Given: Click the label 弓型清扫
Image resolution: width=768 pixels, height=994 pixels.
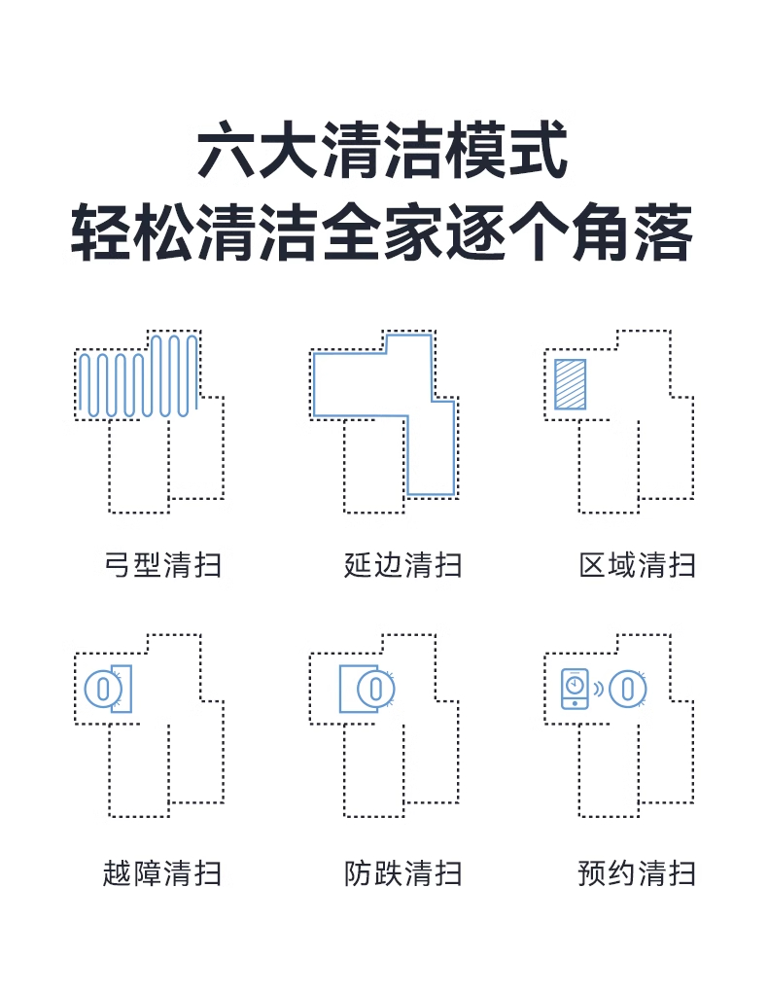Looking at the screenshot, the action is [x=162, y=565].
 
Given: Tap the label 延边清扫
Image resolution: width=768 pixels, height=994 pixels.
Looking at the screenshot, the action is [x=402, y=565].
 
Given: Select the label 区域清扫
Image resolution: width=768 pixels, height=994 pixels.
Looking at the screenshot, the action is [x=638, y=565].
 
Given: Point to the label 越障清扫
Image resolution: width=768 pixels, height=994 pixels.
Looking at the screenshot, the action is [x=162, y=872].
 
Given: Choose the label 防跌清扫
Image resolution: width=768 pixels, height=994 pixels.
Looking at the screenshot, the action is [x=402, y=872].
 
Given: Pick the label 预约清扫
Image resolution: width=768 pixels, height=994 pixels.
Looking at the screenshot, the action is [x=638, y=872].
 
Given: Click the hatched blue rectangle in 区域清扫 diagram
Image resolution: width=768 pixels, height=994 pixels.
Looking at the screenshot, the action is [x=570, y=384].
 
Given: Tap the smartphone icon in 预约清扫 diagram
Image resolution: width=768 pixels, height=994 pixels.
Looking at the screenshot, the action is [x=575, y=688].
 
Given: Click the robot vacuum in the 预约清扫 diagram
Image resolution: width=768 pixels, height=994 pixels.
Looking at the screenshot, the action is [x=629, y=689].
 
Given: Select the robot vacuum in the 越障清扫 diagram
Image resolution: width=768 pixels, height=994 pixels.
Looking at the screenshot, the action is [x=100, y=689].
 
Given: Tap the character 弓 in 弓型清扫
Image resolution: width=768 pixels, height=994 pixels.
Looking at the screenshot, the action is [x=118, y=565].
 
